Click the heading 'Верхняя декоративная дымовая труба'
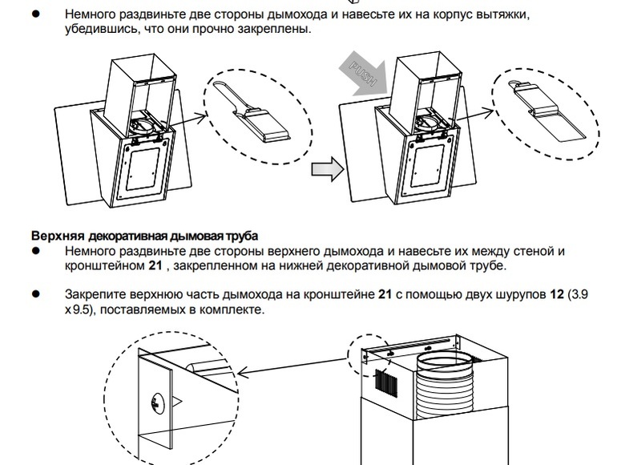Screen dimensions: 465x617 point(144,237)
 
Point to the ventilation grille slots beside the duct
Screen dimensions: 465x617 point(385,382)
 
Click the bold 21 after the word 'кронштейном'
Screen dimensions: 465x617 point(158,265)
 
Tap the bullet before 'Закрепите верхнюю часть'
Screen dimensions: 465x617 point(35,294)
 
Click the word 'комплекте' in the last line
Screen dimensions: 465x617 point(233,309)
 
